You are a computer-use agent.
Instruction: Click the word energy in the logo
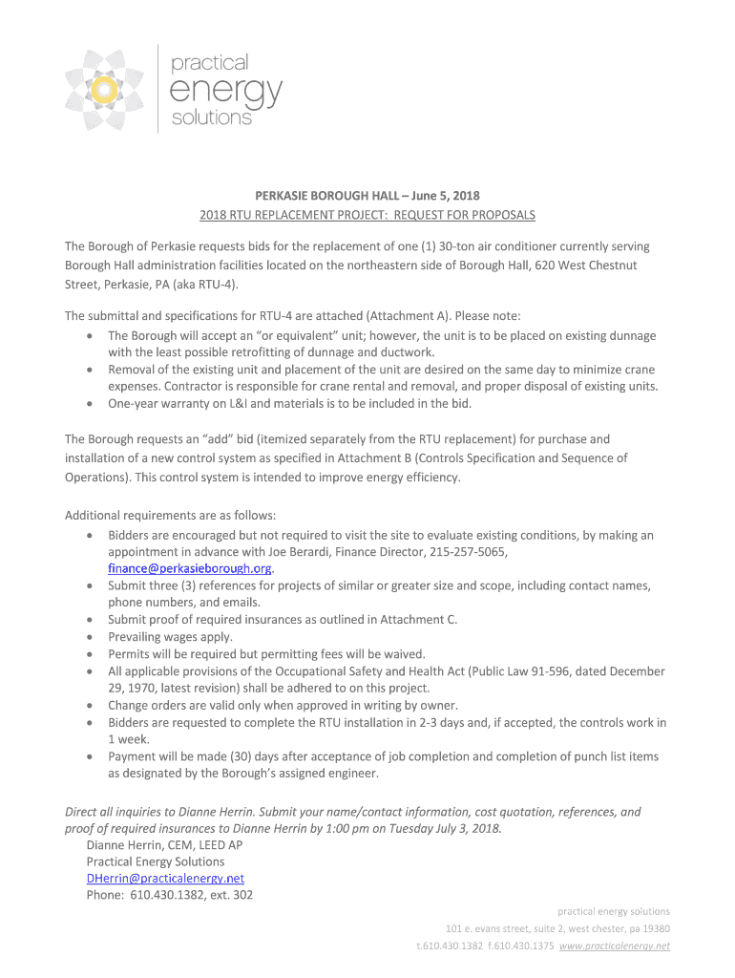[x=225, y=92]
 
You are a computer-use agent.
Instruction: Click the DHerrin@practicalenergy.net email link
[x=165, y=878]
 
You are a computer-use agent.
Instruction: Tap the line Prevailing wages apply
[x=170, y=636]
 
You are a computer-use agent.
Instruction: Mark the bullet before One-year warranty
[x=89, y=404]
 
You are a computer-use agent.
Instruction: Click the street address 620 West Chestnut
[x=568, y=265]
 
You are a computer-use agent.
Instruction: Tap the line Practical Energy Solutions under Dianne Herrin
[x=155, y=861]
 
